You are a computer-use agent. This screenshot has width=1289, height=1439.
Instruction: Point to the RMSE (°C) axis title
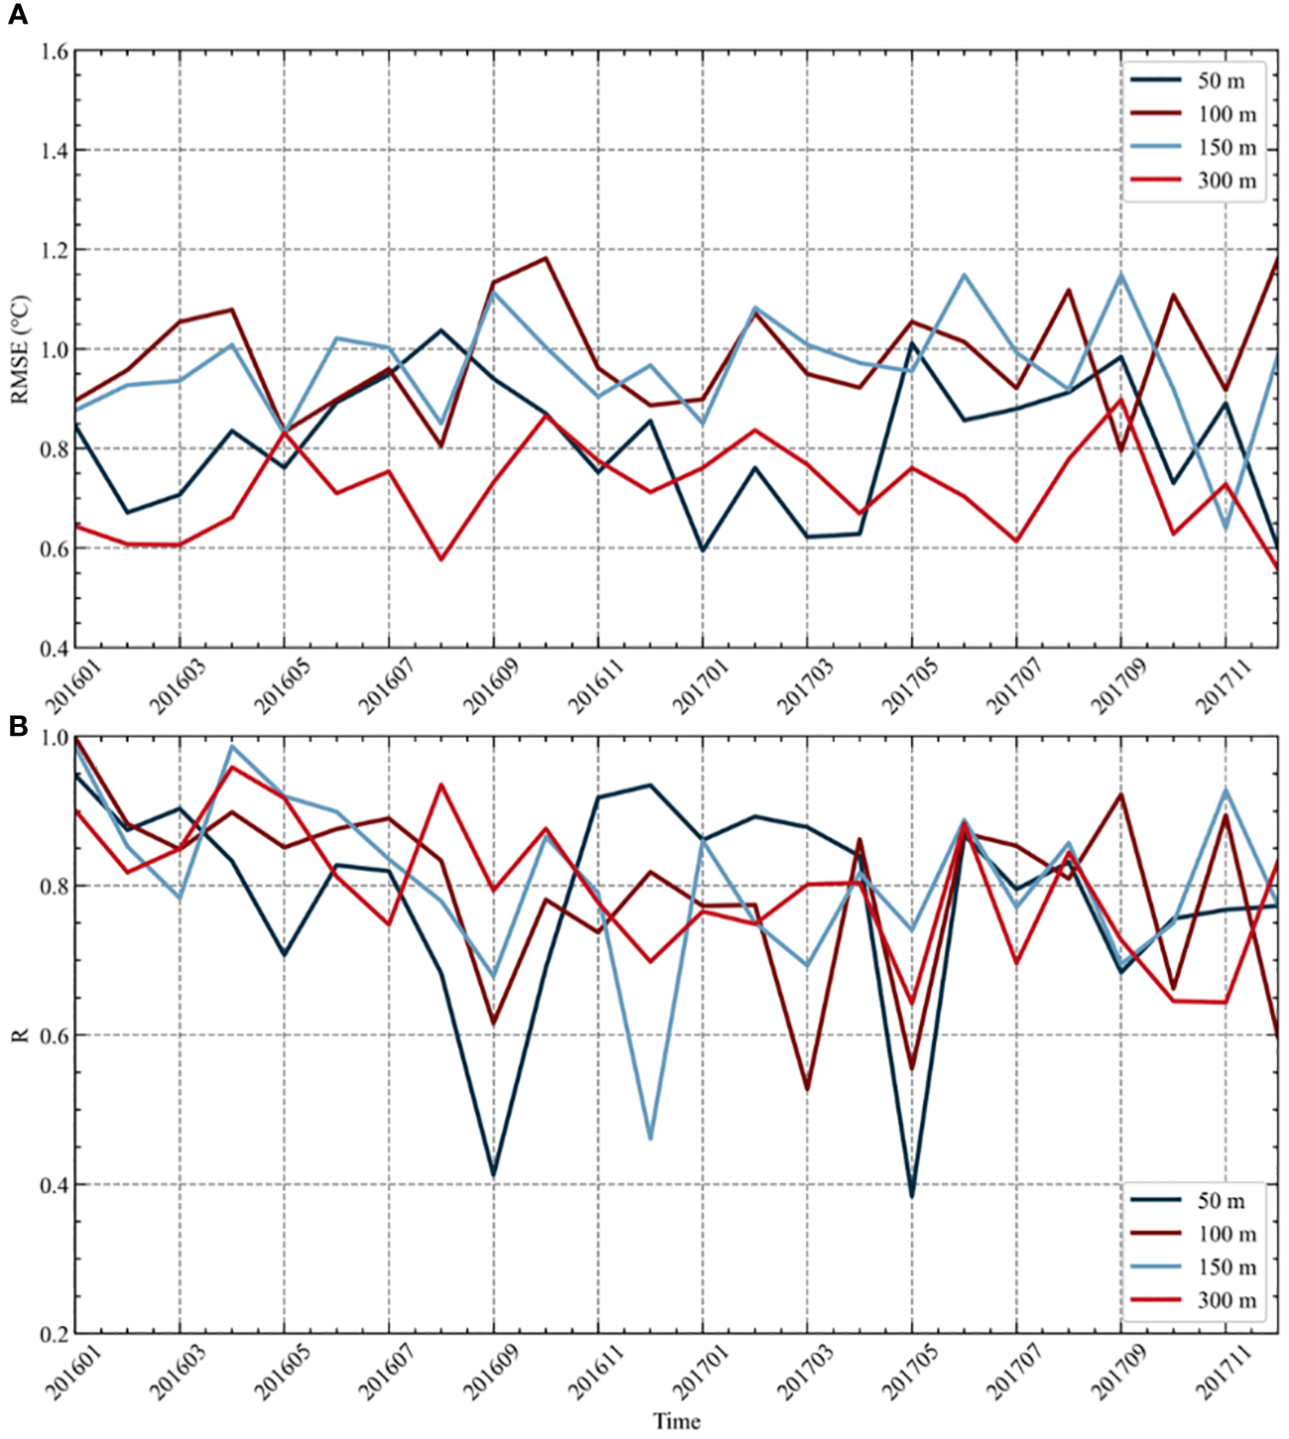pos(20,349)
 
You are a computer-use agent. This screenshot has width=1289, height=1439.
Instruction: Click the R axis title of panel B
pos(20,1035)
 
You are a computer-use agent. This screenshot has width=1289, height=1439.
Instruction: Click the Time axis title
pos(676,1421)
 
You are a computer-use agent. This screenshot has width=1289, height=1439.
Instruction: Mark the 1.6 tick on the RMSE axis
pos(54,51)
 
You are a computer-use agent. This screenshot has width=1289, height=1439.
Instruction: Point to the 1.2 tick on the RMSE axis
pos(54,250)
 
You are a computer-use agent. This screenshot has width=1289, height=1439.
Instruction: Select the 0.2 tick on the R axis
pos(54,1334)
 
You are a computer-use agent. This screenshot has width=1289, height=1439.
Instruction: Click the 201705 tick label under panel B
pos(910,1373)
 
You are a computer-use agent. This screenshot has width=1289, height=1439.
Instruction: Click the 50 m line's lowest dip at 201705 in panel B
pos(912,1195)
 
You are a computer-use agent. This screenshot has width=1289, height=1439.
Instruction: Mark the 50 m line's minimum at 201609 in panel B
pos(493,1175)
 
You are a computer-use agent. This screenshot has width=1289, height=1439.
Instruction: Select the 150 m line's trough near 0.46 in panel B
pos(650,1139)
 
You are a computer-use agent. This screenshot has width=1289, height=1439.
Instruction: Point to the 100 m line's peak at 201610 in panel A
pos(546,259)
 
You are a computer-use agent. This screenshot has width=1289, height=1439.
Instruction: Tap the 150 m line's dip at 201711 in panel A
pos(1226,529)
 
